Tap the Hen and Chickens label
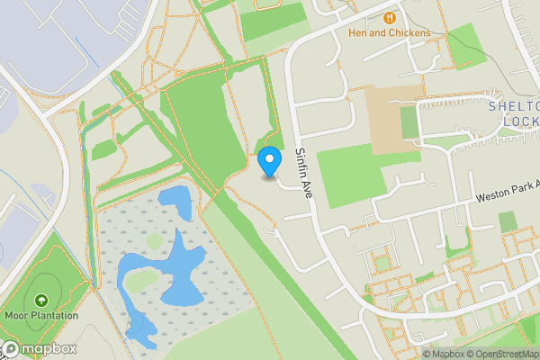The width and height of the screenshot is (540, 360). point(389,33)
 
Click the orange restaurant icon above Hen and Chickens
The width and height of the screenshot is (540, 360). point(389,17)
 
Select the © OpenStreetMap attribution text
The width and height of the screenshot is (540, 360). point(502,354)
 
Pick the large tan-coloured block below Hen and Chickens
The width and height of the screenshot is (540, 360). point(394,117)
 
